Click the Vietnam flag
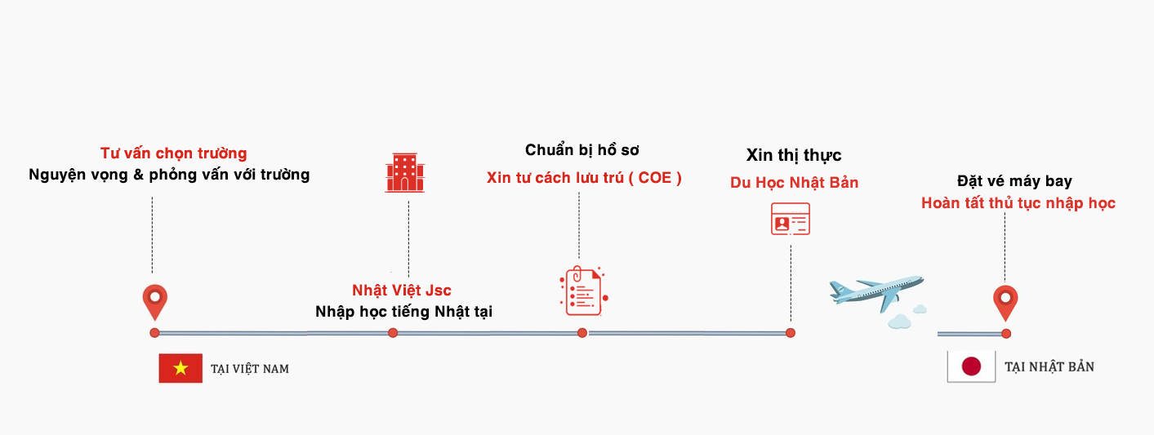[180, 368]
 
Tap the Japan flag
[971, 366]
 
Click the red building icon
[405, 172]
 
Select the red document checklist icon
[582, 291]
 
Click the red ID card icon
[791, 219]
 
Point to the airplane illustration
[876, 291]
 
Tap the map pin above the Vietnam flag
[154, 302]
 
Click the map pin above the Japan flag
[1005, 302]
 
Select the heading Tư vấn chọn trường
[173, 153]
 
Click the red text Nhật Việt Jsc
[402, 291]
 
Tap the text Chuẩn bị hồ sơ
[581, 150]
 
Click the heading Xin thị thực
[794, 155]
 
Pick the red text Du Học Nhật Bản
[795, 183]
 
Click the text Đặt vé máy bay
[1014, 181]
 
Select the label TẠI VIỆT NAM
[250, 369]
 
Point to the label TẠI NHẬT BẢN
[1049, 367]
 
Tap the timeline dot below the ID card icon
[791, 333]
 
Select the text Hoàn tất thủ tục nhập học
[1018, 203]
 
